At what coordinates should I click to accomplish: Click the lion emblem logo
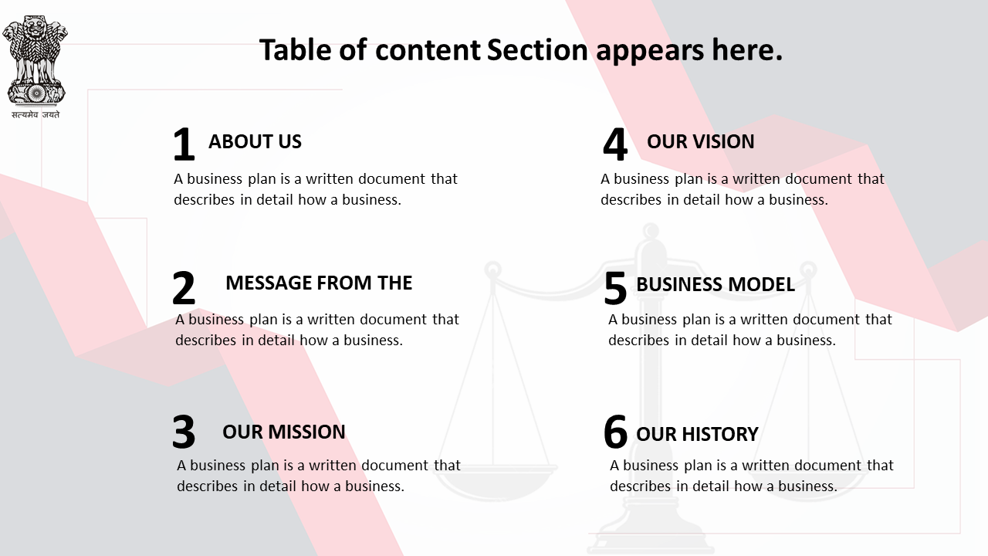coord(35,61)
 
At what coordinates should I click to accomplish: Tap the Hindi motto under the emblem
coord(36,115)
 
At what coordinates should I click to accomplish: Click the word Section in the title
coord(538,49)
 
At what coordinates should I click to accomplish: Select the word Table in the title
coord(295,49)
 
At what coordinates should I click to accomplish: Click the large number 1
coord(184,144)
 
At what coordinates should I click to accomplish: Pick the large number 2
coord(184,288)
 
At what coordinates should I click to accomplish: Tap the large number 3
coord(184,432)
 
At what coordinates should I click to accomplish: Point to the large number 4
coord(615,144)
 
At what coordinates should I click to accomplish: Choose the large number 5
coord(615,288)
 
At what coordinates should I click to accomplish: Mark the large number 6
coord(615,432)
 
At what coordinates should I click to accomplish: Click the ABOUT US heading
coord(255,141)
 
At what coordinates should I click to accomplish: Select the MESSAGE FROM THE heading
coord(319,283)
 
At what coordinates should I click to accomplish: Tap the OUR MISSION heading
coord(284,432)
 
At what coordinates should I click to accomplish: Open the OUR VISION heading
coord(701,141)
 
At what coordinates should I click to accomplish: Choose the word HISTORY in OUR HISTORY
coord(720,434)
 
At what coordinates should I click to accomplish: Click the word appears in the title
coord(650,51)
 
